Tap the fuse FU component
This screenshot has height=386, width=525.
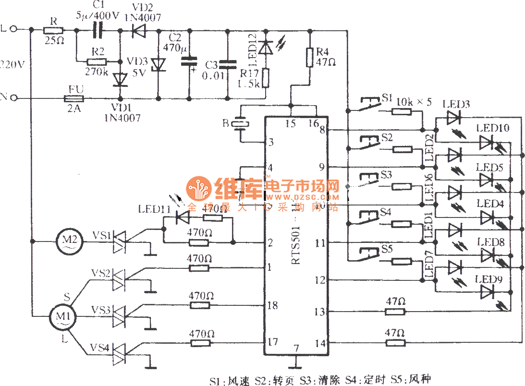pyautogui.click(x=74, y=99)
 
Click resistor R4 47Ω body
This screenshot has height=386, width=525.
pyautogui.click(x=310, y=57)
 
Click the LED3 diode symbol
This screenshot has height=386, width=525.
pyautogui.click(x=453, y=117)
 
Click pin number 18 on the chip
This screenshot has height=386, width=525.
pyautogui.click(x=272, y=305)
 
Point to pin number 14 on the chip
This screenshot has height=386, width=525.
pyautogui.click(x=320, y=343)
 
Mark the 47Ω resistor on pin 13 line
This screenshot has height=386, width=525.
pyautogui.click(x=395, y=312)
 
